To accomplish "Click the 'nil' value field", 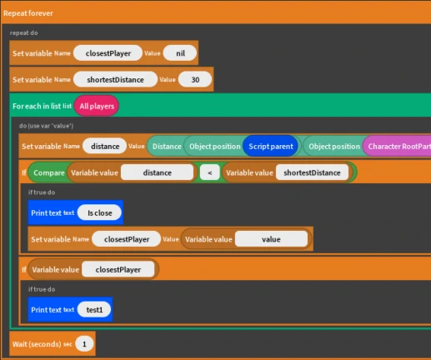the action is tap(180, 53).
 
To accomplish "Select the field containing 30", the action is tap(195, 80).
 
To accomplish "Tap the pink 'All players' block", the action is tap(97, 106).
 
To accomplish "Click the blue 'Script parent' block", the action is tap(271, 147).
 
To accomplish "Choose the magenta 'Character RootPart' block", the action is tap(398, 147).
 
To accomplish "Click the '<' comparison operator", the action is tap(210, 172).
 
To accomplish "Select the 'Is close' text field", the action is tap(99, 213).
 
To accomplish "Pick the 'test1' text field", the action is tap(94, 310).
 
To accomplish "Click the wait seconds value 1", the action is tap(84, 344).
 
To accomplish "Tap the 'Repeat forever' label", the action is tap(28, 13).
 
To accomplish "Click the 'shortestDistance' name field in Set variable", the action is tap(115, 80).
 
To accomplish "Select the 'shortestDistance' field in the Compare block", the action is tap(312, 172).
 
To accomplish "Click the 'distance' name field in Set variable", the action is tap(105, 147).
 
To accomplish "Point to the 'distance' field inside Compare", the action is tap(158, 172).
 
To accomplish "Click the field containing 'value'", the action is tap(271, 239).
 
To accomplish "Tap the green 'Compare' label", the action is tap(49, 172).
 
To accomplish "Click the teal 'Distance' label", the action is tap(167, 147).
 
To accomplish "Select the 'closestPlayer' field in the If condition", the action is tap(118, 269).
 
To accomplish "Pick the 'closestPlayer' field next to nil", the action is tap(108, 53).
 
